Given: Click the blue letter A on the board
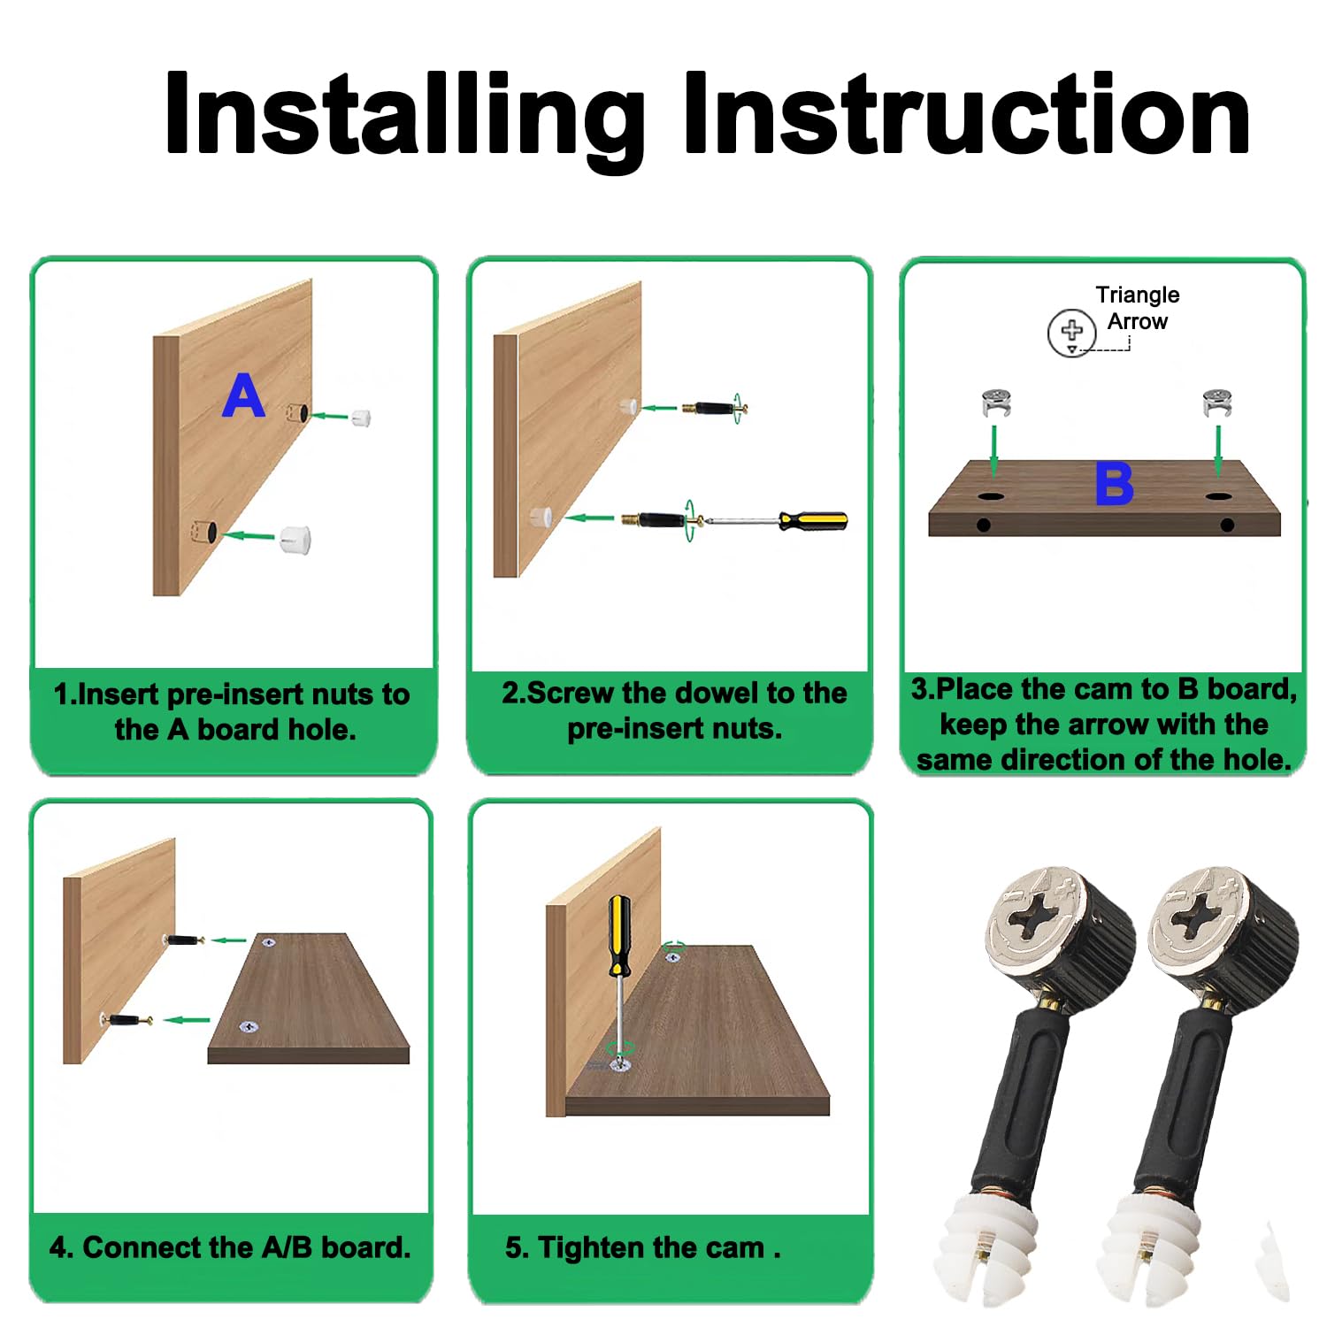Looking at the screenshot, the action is (x=244, y=395).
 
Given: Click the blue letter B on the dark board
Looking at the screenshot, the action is (x=1114, y=484).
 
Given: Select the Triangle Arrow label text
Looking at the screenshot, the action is (x=1138, y=308).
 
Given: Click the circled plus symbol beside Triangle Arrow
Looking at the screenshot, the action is (x=1071, y=333).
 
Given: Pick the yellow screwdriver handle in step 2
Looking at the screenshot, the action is (x=813, y=521).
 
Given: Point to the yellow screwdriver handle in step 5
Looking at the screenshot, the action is (x=620, y=936).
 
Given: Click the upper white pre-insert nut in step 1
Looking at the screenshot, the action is (x=361, y=417).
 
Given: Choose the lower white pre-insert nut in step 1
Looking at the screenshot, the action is (x=295, y=539).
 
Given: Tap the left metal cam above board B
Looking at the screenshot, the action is (x=996, y=403).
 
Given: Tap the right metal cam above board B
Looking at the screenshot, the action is (x=1217, y=403).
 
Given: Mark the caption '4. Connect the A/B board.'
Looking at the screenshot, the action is (x=230, y=1247).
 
